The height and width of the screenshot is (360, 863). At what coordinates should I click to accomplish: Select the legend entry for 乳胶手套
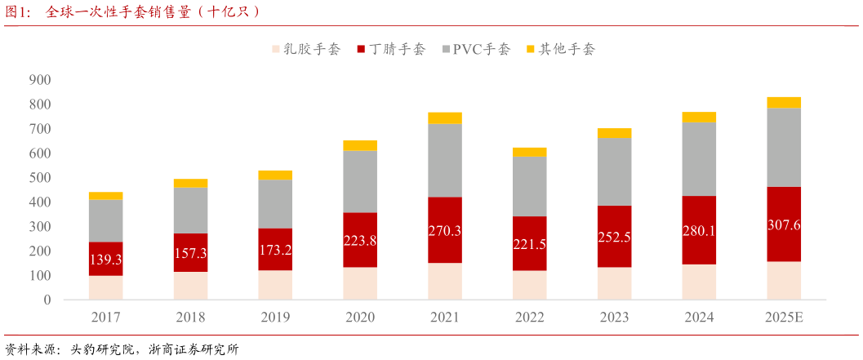(x=305, y=49)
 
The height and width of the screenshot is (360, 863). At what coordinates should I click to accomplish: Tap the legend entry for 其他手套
(x=561, y=49)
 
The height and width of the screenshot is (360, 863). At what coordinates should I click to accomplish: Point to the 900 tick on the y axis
(x=39, y=80)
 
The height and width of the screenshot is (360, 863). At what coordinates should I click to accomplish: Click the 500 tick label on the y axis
(x=39, y=178)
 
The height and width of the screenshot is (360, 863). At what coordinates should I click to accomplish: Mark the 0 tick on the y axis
(x=47, y=300)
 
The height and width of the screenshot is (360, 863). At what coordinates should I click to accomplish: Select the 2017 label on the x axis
(x=105, y=317)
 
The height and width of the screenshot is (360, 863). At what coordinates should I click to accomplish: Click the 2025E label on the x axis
(x=784, y=317)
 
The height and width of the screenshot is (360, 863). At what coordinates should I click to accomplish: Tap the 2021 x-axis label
(x=444, y=317)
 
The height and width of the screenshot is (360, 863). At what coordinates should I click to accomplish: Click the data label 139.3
(x=105, y=259)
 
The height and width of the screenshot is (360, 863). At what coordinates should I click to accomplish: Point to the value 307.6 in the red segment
(x=784, y=224)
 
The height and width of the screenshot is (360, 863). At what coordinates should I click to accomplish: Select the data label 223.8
(x=360, y=240)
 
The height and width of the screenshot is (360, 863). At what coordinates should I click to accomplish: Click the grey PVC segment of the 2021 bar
(x=444, y=160)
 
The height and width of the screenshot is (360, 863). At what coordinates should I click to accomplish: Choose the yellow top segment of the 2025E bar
(x=784, y=102)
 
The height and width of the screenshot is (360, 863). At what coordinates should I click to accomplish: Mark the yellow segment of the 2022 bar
(x=529, y=152)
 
